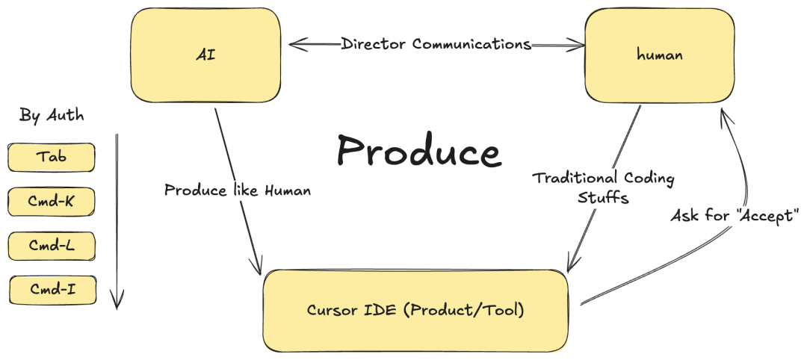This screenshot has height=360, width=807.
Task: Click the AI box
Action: (x=206, y=55)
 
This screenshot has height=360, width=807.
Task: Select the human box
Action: (x=659, y=55)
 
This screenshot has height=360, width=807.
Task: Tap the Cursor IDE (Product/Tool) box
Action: (x=415, y=311)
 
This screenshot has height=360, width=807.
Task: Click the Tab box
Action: (x=52, y=157)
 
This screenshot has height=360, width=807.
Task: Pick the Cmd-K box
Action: (x=52, y=202)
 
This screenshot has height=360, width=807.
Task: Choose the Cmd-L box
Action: (x=52, y=246)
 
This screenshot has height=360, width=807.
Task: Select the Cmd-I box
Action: (x=52, y=290)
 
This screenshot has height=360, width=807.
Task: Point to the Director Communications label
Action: (x=436, y=44)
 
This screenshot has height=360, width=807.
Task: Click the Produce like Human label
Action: (x=238, y=190)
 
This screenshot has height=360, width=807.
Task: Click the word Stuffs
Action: (x=603, y=198)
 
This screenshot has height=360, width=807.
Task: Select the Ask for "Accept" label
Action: (x=735, y=216)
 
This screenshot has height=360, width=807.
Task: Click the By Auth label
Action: (x=52, y=115)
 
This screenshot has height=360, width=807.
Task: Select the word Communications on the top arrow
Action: (x=472, y=44)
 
